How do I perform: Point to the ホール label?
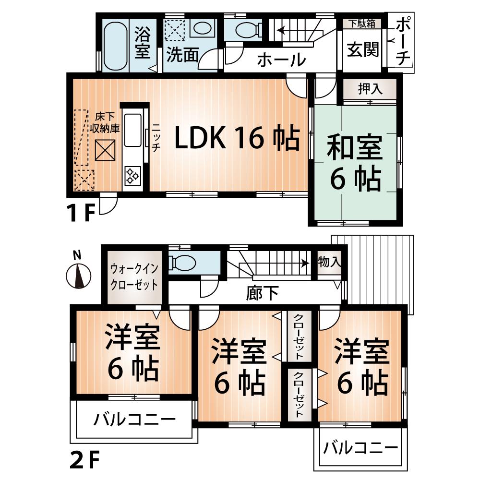(x=281, y=60)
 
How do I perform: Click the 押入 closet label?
(x=369, y=89)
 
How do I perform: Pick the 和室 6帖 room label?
(x=355, y=163)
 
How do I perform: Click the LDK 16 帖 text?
(x=237, y=139)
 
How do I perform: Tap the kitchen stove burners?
(x=132, y=176)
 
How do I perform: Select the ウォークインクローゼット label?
(x=134, y=276)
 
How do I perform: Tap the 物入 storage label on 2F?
(x=329, y=262)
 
